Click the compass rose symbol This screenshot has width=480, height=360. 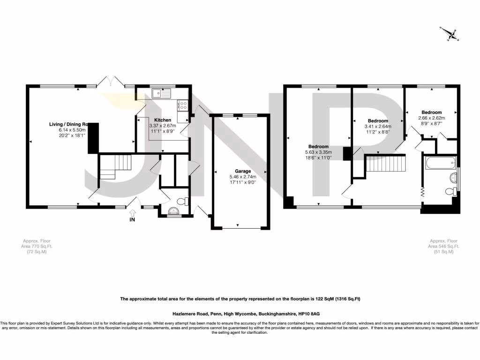coord(452,33)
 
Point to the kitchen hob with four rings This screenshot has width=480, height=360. coord(182,106)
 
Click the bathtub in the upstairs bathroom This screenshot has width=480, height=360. coord(440,164)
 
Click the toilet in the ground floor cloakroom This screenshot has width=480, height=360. coord(186,202)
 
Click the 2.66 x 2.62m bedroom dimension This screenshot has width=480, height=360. coord(431,118)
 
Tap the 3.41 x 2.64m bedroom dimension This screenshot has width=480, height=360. coord(378,126)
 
